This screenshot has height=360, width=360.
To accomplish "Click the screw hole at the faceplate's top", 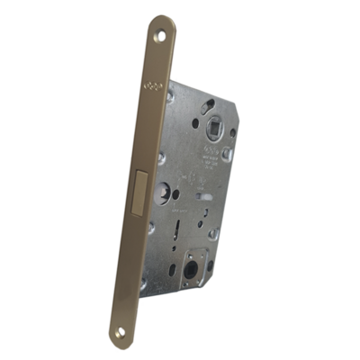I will [161, 36].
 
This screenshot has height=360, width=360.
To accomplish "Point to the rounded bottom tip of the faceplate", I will [119, 342].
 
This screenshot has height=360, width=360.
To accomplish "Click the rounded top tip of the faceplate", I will [164, 20].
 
